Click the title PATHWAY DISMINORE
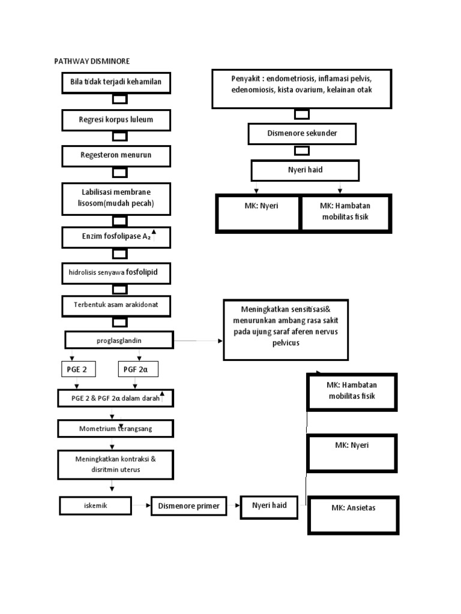(92, 61)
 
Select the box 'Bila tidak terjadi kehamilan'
(116, 82)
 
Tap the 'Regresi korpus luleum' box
(116, 120)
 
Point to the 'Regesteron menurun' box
(116, 155)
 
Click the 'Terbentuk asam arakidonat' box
(116, 305)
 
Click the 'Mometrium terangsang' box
(116, 429)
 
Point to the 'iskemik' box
(95, 505)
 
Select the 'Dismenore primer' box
(188, 506)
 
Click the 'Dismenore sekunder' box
(302, 133)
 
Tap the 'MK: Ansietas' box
(353, 514)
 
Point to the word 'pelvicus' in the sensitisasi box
(286, 344)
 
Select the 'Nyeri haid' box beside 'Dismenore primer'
(269, 505)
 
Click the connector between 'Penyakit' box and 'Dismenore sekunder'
(302, 114)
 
